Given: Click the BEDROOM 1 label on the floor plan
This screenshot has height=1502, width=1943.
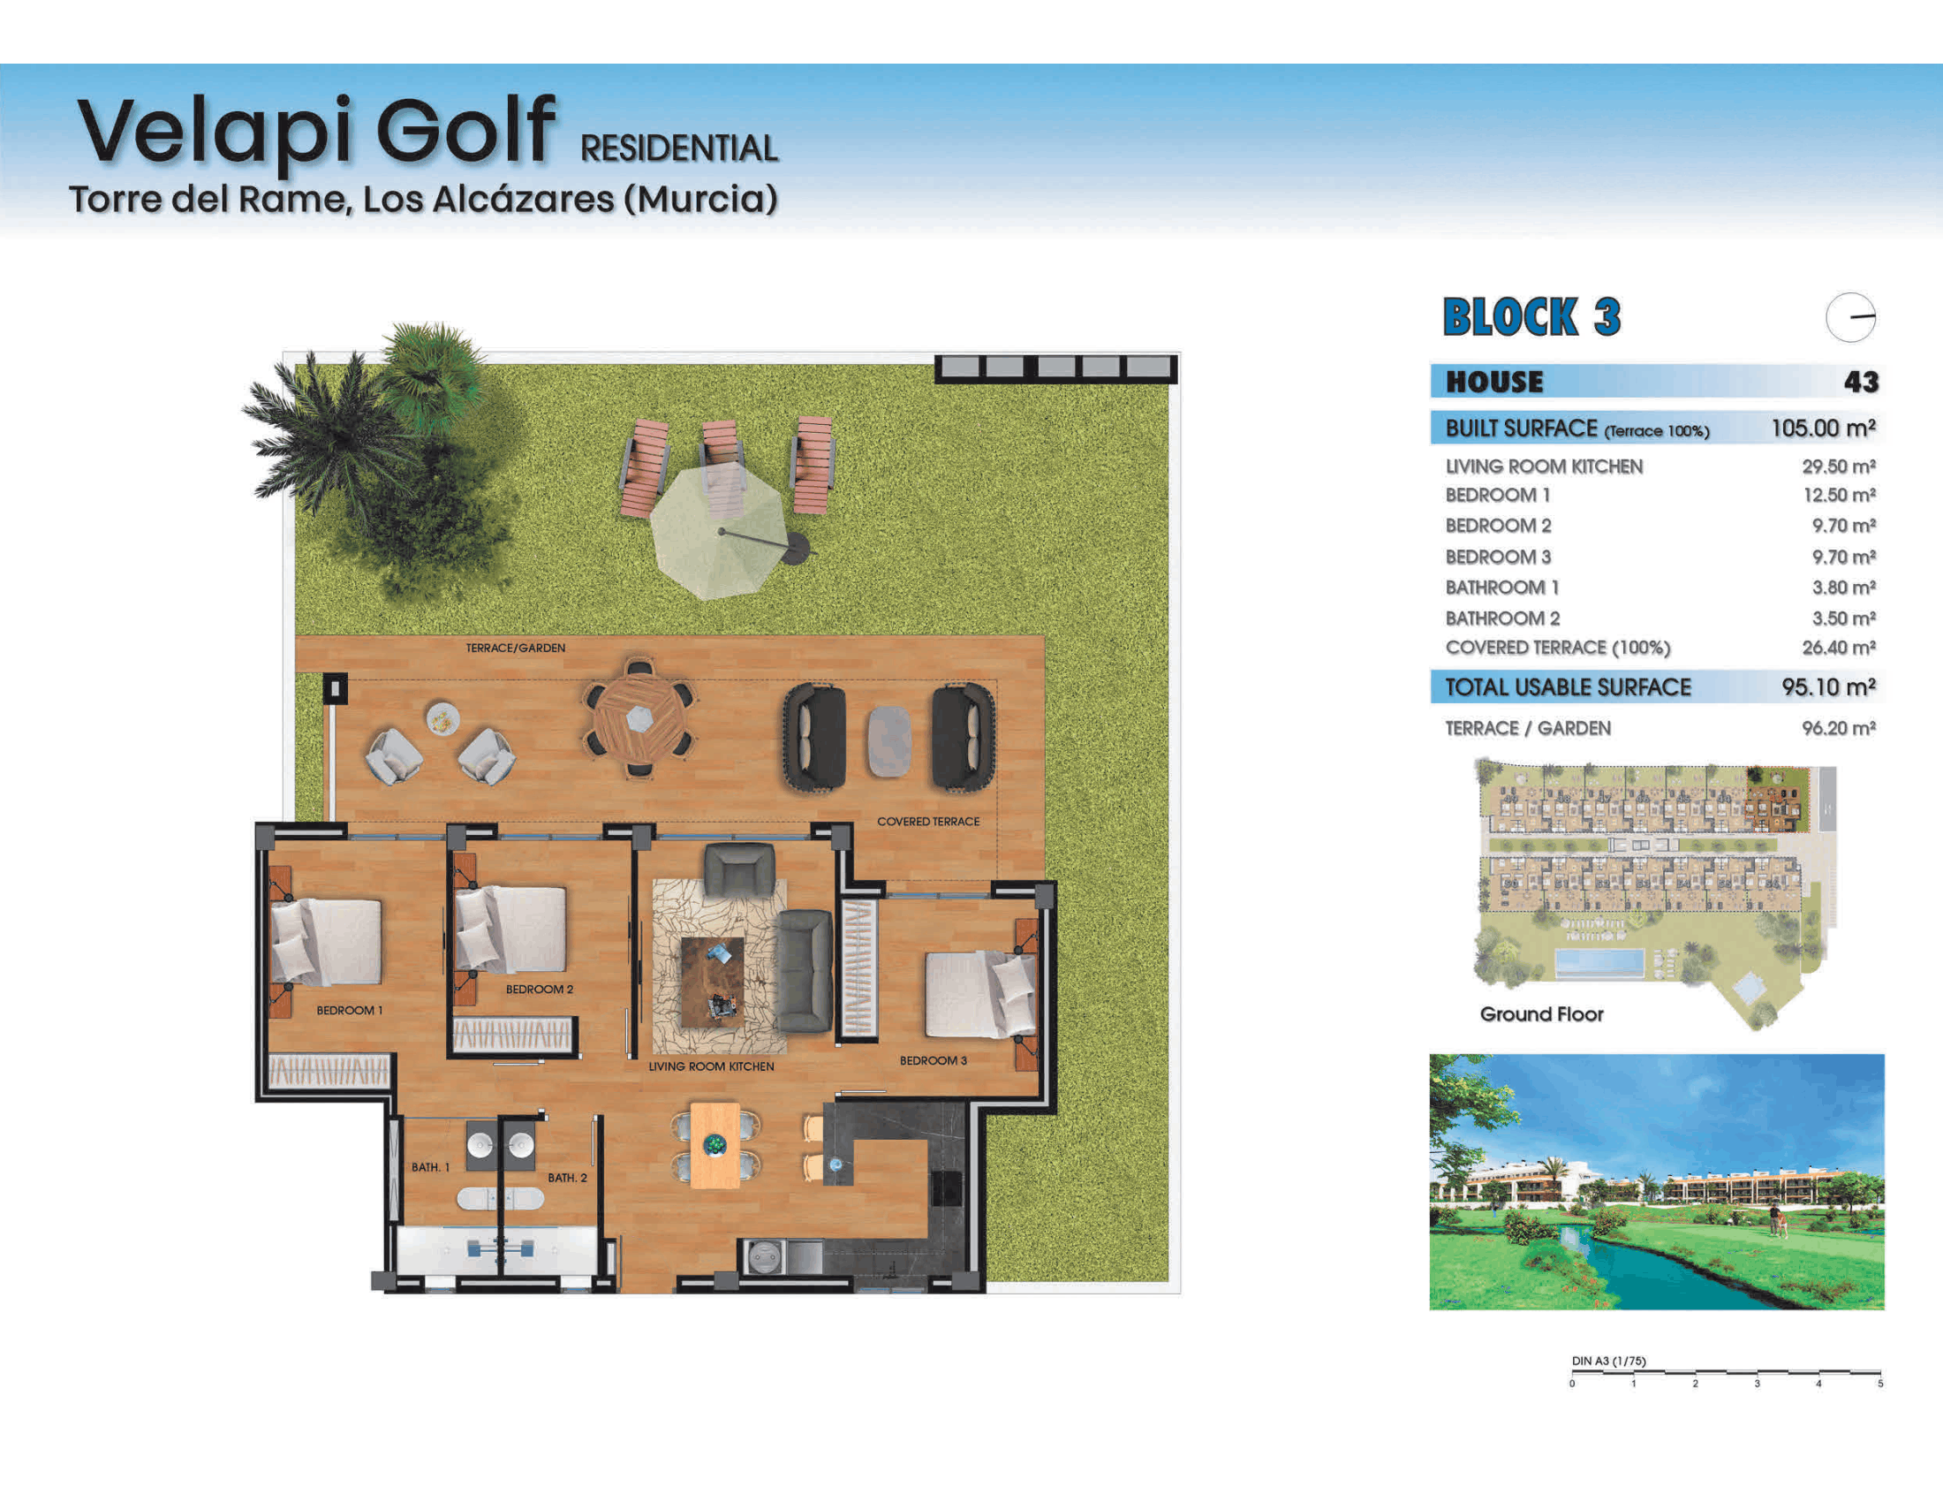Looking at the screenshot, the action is click(350, 1011).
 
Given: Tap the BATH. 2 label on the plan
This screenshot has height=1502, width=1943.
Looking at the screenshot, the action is click(568, 1178).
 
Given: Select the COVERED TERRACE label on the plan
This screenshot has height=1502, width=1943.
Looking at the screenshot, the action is click(928, 822).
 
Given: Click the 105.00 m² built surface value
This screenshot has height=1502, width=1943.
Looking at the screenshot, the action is click(1823, 428).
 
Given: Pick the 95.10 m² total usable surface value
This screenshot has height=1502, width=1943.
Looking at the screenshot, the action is click(1828, 687).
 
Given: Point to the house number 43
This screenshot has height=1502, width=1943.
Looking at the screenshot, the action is click(1861, 382).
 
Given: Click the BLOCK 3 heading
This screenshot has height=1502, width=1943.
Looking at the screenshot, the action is click(1532, 318).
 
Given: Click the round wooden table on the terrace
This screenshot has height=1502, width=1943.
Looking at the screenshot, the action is click(639, 717).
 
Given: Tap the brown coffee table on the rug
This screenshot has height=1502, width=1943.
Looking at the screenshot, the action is click(712, 982).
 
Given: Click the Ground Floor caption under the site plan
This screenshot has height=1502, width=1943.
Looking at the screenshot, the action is click(1542, 1014).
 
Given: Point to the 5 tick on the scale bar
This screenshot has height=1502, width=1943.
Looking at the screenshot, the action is click(1880, 1384).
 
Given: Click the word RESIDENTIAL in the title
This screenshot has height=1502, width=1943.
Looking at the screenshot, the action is click(680, 148).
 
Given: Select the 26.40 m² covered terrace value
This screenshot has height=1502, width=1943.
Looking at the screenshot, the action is click(1839, 648).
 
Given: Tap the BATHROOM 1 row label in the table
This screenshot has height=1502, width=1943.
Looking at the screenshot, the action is click(1501, 588).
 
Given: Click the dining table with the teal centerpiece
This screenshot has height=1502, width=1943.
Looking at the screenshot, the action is click(715, 1145).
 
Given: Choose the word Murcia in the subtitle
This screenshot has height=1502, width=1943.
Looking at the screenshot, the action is click(700, 199).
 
